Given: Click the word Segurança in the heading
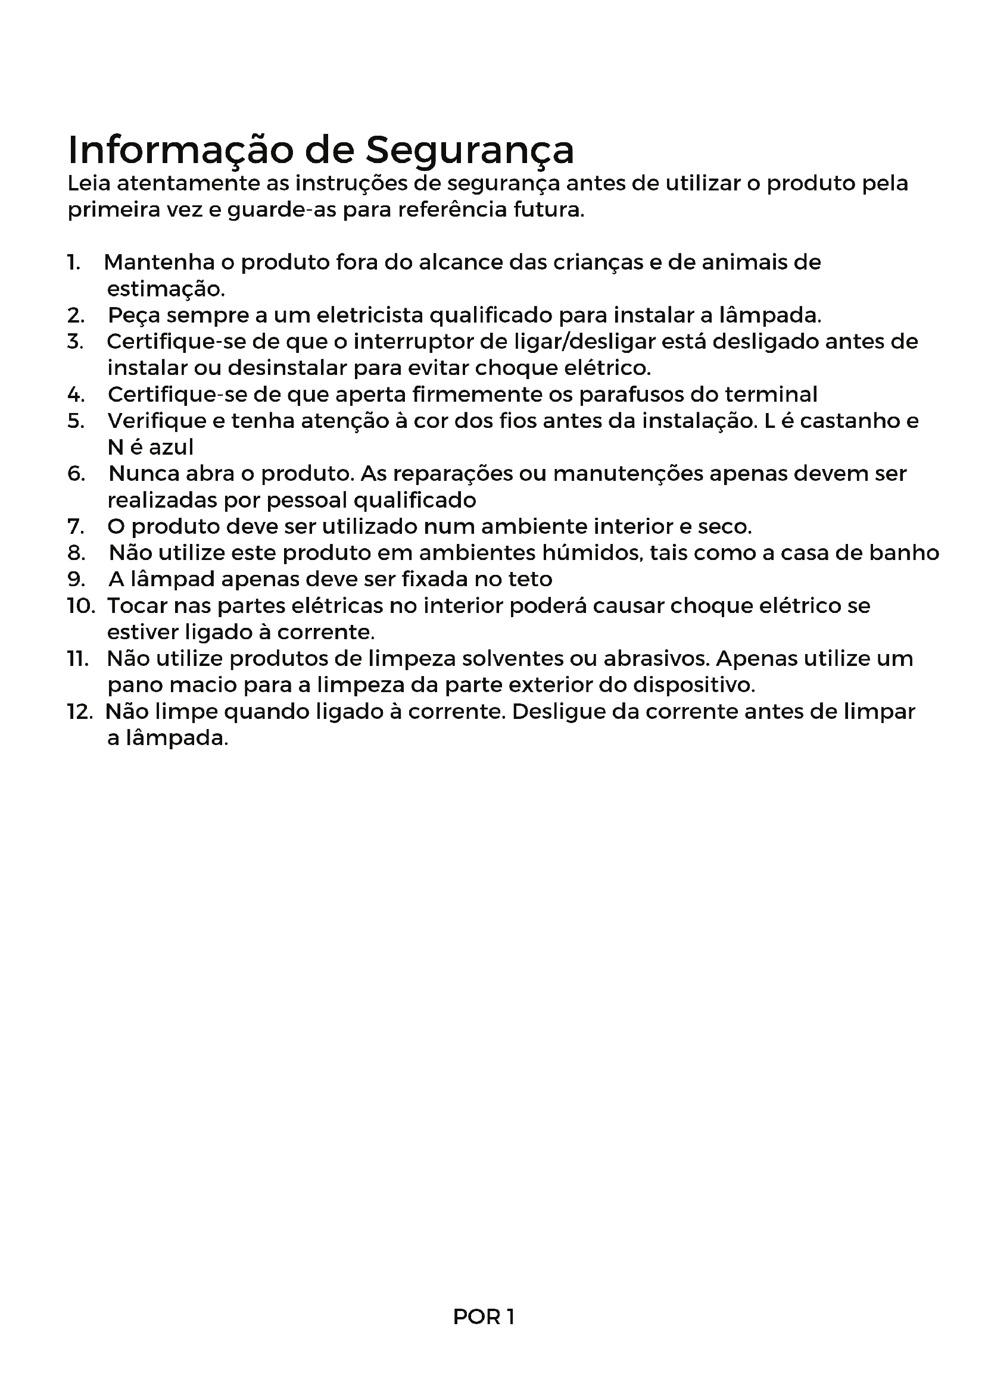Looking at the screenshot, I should pos(469,150).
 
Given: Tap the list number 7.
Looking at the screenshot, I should pos(75,526).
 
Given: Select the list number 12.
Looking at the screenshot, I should pos(79,711).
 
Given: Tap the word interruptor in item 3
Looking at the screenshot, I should pos(412,342).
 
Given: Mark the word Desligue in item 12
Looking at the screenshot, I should pos(557,711).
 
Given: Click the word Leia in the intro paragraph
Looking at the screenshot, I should pos(88,183).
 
